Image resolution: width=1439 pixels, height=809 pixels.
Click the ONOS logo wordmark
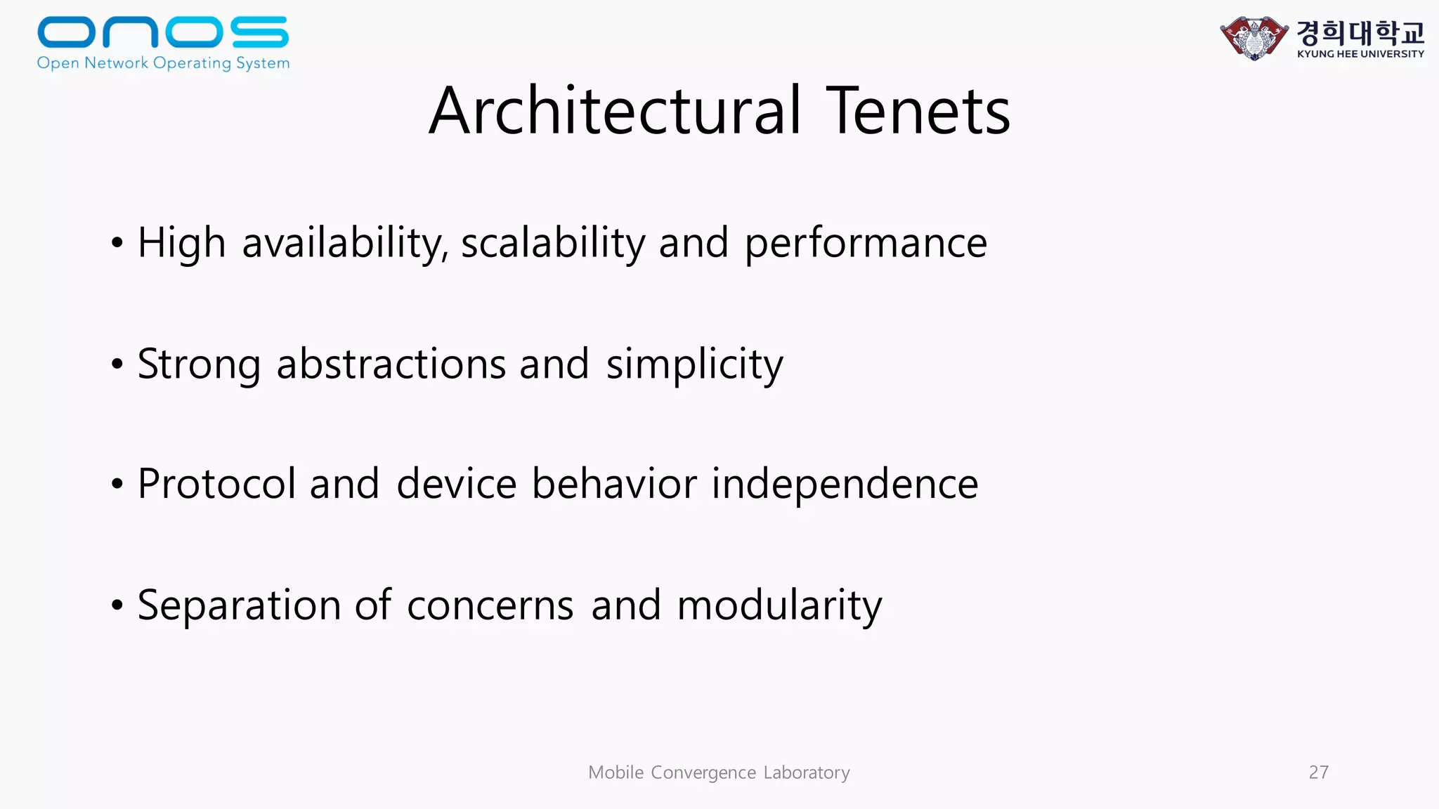click(163, 32)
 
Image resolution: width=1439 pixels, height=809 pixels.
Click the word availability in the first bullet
click(345, 243)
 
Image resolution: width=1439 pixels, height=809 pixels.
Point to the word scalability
click(553, 243)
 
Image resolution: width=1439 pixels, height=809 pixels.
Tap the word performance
click(866, 244)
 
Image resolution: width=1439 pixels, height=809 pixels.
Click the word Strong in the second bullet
click(199, 364)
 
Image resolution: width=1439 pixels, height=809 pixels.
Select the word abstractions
click(391, 364)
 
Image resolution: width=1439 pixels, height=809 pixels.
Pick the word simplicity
click(694, 364)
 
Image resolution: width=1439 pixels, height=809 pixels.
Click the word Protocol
click(216, 484)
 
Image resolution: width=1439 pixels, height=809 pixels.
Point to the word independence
click(845, 484)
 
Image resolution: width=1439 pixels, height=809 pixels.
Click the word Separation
click(239, 605)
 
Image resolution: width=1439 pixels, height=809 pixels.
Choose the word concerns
click(490, 605)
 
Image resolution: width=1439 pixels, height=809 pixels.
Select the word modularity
click(779, 605)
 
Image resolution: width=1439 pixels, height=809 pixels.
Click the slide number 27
click(1318, 772)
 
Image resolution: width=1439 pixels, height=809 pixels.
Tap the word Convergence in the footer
click(703, 772)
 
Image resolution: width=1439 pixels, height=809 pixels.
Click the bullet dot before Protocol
click(117, 485)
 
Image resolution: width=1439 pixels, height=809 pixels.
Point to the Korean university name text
click(1360, 32)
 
